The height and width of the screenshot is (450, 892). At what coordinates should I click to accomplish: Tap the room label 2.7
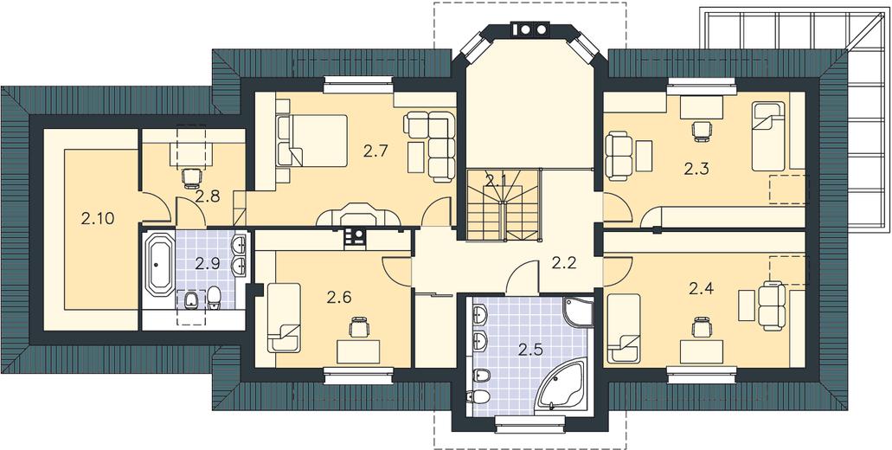point(375,151)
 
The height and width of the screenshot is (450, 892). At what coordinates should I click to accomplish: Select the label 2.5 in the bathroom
point(529,350)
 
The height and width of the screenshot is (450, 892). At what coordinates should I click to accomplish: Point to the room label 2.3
point(696,169)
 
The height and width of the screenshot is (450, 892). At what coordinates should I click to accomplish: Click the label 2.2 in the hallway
point(564,263)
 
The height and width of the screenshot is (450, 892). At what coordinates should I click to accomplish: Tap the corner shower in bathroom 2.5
point(578,312)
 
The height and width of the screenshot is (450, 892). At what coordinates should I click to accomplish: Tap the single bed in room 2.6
point(284,318)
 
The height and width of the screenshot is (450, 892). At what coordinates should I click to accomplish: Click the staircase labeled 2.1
point(503,205)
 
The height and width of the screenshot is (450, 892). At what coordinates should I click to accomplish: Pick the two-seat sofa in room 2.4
point(772,306)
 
